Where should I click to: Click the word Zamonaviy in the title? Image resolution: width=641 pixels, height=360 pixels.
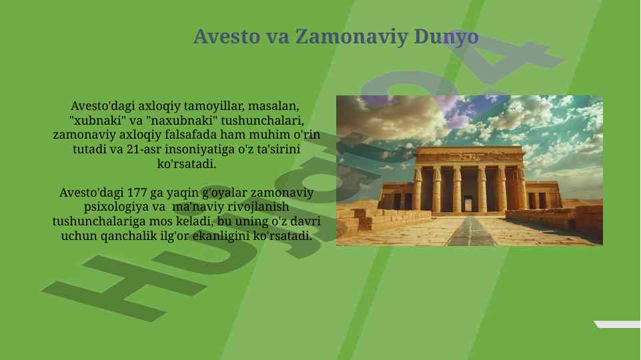point(352,37)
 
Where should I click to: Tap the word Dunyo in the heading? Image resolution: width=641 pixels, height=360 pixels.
point(446,37)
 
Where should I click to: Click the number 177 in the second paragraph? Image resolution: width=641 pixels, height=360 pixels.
point(137,193)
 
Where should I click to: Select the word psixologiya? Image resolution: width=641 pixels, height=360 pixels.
point(117,207)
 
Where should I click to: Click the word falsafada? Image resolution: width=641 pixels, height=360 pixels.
point(199,135)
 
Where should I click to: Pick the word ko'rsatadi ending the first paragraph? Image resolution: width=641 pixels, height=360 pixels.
point(186,164)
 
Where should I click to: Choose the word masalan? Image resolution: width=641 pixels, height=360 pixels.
point(273,106)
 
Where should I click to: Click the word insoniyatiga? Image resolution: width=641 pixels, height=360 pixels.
point(200,149)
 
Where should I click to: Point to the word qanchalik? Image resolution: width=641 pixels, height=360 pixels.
point(128,236)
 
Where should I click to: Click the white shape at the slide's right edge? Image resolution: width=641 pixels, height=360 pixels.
point(617,325)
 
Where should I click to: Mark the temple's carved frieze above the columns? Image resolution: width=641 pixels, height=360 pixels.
point(470,156)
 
